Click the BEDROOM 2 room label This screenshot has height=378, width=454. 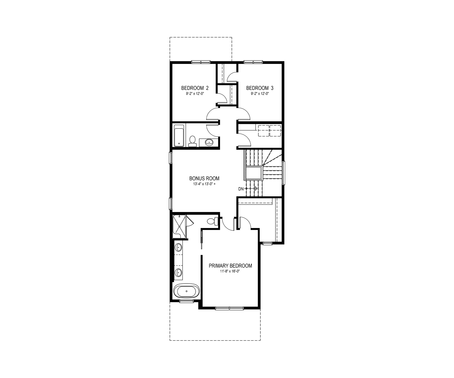(195, 88)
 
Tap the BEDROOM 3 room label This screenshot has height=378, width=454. (260, 88)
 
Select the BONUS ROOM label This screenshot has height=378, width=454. (204, 179)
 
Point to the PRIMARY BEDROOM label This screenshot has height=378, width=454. (230, 266)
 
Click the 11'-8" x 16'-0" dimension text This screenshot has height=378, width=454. (230, 271)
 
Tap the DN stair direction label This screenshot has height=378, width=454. (241, 189)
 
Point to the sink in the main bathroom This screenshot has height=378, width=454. (209, 142)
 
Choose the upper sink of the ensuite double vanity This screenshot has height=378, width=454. (178, 247)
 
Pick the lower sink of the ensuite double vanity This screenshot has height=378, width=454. (178, 273)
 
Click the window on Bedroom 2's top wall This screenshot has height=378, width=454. (201, 62)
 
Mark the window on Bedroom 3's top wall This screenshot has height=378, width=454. (253, 62)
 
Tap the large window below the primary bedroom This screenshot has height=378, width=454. (230, 308)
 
